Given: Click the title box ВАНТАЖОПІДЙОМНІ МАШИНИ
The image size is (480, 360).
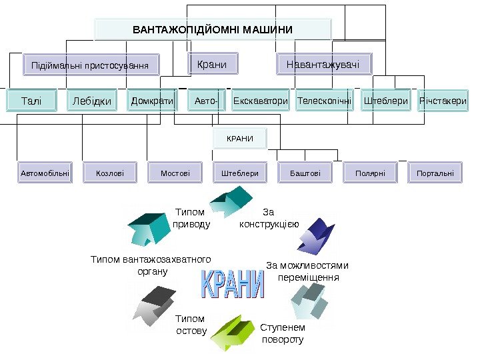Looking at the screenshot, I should coord(213,29).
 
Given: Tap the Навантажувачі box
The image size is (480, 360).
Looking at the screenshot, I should coord(324,65).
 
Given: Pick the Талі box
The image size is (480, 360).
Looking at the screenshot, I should coord(31,101).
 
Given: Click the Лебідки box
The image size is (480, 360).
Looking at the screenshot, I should coord(91,101).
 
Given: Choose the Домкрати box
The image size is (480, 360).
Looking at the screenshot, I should coord(151,101).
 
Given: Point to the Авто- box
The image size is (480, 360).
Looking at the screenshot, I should coord(206,101).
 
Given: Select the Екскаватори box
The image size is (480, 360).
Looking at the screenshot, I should coord(261,101).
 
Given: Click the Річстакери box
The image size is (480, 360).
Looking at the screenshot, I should coord(443,101).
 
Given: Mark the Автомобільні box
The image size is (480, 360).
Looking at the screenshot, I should coord(45,173).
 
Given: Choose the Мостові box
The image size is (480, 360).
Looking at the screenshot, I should coord(175,173).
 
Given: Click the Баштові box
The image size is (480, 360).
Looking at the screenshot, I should coord(305,173).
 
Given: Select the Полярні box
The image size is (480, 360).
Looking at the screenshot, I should coord(370,173).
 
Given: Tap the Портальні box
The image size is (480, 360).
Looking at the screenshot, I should coord(435,173).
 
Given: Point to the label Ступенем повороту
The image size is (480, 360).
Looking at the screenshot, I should coord(282,333).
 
